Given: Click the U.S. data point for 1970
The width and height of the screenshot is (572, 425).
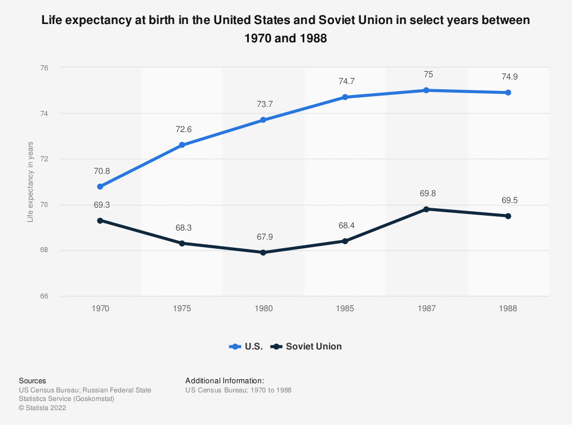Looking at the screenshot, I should (100, 186).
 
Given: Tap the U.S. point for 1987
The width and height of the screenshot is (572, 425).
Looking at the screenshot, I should (427, 90).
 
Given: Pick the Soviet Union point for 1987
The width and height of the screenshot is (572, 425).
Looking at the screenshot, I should (427, 209).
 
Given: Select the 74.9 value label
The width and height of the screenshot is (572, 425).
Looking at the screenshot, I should (508, 77).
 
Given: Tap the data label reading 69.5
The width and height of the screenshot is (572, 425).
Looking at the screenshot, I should (508, 201).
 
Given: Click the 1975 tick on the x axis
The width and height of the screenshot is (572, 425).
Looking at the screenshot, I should (182, 308).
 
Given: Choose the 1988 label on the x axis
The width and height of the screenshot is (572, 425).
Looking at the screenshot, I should (508, 308).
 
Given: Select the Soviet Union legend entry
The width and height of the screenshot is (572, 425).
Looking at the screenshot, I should (307, 346).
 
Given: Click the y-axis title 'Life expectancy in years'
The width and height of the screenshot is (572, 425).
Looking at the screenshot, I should (30, 182).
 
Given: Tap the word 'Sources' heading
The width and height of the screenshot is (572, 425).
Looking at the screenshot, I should (33, 380).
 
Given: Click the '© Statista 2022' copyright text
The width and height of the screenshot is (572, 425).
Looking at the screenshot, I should (43, 408).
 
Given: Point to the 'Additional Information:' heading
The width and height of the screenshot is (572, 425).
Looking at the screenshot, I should (225, 380).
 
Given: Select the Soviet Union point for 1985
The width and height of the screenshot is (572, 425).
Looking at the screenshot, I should (345, 241).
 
